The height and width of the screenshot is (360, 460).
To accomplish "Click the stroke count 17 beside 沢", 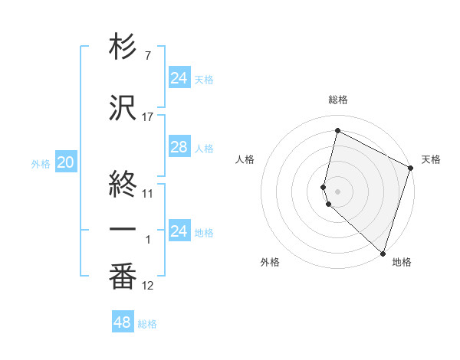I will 148,117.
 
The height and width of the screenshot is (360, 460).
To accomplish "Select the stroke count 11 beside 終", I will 148,193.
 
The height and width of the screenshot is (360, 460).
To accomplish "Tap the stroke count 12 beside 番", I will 148,286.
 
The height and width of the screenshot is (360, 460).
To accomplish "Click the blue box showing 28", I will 179,147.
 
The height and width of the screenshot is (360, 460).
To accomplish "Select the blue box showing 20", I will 66,162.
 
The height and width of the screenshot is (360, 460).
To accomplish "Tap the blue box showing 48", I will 122,322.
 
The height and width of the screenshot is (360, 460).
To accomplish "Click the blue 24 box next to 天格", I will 179,78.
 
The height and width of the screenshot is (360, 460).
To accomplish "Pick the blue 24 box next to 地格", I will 179,231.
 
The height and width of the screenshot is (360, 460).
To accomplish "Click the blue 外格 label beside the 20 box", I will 41,163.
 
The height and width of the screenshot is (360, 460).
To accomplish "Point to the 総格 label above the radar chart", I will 338,100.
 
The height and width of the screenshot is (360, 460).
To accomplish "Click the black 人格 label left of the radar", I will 245,159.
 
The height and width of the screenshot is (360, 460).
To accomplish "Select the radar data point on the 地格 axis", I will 383,253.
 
